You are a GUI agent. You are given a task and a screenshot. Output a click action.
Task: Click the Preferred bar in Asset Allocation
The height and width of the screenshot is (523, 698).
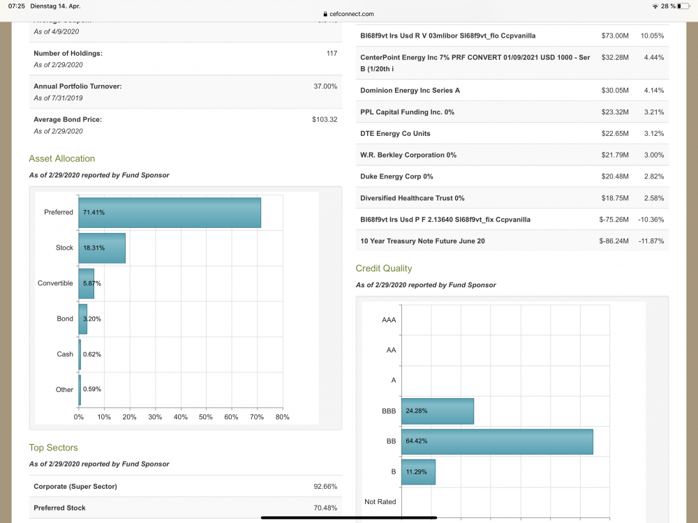point(170,212)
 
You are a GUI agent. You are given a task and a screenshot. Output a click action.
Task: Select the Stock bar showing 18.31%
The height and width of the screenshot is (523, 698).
point(102,248)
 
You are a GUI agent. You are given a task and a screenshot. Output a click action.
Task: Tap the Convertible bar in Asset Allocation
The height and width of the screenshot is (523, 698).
point(86,283)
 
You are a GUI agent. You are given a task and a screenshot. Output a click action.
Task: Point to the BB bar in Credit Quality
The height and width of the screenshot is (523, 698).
point(497,441)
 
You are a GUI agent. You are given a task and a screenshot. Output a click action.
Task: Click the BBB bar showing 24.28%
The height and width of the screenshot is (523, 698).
point(438,411)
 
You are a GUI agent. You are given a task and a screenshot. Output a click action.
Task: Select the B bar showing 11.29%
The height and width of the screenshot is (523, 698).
point(418,472)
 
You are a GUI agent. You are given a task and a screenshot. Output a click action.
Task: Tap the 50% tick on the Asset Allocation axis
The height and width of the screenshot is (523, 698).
point(206,417)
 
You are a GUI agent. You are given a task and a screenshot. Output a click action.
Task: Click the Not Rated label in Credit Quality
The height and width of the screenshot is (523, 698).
point(380,502)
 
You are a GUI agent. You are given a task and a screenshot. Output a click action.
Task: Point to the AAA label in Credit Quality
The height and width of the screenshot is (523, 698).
point(389,319)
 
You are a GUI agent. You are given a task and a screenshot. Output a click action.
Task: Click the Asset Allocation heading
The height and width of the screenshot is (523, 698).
point(62,158)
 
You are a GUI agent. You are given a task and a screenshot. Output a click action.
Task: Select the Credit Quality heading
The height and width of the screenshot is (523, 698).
point(384,268)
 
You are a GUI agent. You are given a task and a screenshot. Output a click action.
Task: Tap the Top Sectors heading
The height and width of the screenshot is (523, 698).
point(53,448)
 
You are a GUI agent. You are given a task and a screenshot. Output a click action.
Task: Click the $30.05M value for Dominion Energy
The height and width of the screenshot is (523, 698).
point(614,91)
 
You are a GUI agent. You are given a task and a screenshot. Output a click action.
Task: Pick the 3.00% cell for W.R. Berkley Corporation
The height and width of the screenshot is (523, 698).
point(652,155)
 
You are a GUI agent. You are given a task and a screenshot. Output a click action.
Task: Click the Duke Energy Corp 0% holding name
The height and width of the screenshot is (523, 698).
point(396,176)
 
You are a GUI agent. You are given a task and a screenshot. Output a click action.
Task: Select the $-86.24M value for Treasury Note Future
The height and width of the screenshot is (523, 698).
point(614,241)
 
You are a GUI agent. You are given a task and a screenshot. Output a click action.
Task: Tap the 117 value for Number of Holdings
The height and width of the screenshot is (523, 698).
point(332,54)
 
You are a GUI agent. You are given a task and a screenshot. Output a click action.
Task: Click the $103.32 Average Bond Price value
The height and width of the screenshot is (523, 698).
point(325,120)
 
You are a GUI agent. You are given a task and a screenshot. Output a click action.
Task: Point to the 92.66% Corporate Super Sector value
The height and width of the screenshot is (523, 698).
point(325,486)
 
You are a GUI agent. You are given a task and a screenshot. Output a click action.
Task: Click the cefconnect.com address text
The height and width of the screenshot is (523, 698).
point(351,14)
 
